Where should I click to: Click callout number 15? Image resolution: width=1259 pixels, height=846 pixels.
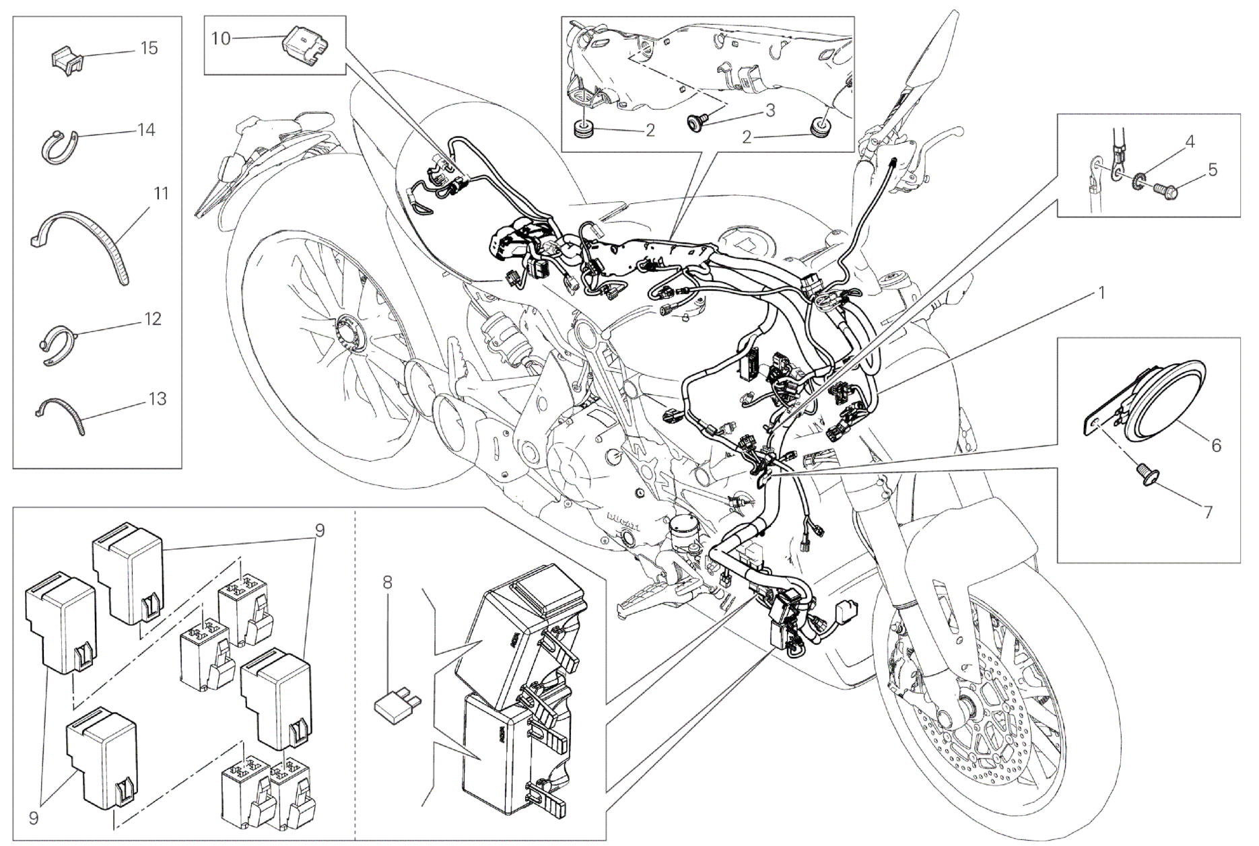(x=149, y=48)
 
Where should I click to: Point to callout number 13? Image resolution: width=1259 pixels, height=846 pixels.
(x=156, y=399)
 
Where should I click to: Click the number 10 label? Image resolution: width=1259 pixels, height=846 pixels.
(x=220, y=38)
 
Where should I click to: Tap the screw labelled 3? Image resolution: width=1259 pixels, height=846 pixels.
(x=696, y=122)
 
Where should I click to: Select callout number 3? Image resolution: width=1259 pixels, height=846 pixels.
(x=770, y=110)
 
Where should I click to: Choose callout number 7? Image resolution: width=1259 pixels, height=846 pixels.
(x=1208, y=513)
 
